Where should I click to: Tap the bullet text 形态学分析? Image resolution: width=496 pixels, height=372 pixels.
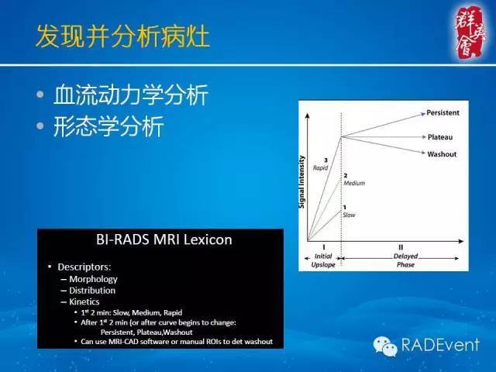108,126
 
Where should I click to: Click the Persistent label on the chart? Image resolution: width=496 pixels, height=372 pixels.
443,112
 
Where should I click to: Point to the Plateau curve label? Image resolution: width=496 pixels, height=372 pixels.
439,136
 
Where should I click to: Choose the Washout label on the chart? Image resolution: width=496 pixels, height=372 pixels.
442,154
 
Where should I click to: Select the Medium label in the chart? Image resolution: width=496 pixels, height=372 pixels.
353,184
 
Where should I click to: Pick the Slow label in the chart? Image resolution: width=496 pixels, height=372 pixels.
349,214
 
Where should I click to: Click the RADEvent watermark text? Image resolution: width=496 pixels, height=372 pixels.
440,344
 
